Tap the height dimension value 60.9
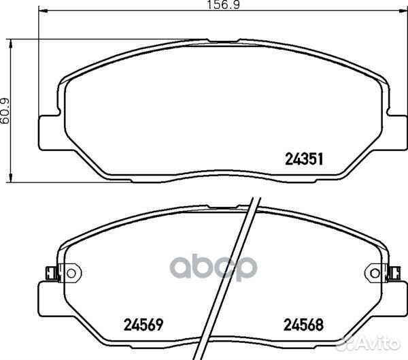(7, 110)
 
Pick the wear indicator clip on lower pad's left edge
(50, 273)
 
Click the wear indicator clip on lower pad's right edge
(393, 273)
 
